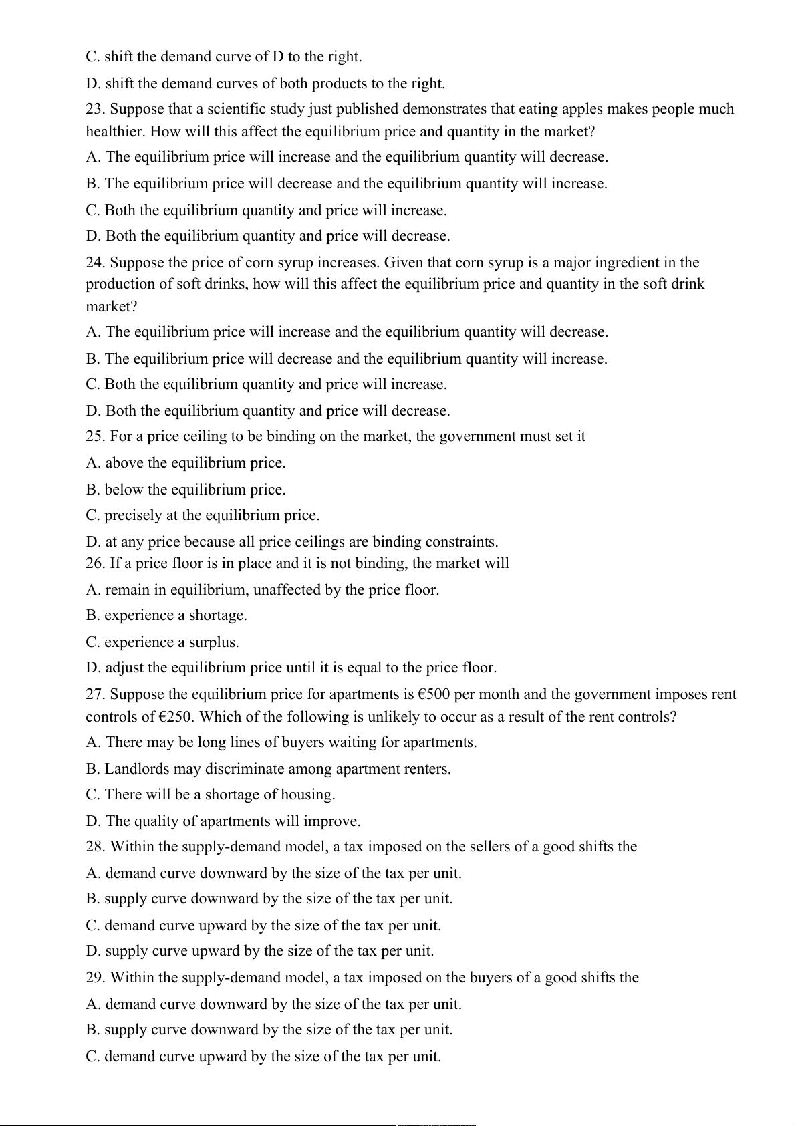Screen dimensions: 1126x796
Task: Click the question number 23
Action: click(x=95, y=109)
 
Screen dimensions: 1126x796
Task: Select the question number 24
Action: click(x=95, y=263)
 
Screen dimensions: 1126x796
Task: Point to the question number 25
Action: click(x=95, y=436)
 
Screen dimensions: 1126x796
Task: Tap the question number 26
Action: click(x=95, y=563)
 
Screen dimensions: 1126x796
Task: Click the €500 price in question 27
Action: click(x=434, y=694)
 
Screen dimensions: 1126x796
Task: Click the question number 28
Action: click(x=95, y=847)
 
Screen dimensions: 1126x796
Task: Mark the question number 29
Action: click(x=95, y=978)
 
